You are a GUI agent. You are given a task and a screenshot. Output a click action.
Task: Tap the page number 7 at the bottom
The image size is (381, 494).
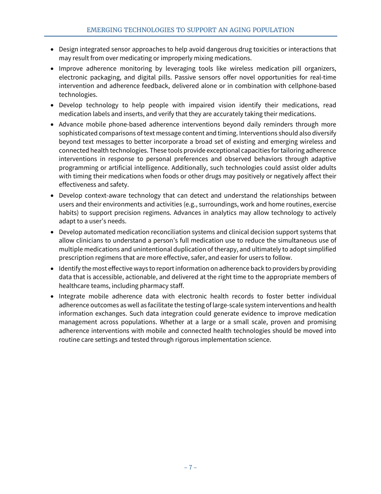(190, 467)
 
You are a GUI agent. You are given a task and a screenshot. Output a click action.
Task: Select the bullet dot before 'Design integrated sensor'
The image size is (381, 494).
(53, 49)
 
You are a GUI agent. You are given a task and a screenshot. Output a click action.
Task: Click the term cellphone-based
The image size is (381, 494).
(313, 86)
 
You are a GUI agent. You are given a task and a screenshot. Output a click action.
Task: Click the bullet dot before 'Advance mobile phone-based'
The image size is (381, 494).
(53, 125)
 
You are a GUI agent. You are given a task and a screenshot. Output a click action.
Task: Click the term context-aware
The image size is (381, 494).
(104, 196)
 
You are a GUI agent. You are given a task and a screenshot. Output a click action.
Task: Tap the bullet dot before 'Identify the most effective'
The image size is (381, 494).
(53, 269)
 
